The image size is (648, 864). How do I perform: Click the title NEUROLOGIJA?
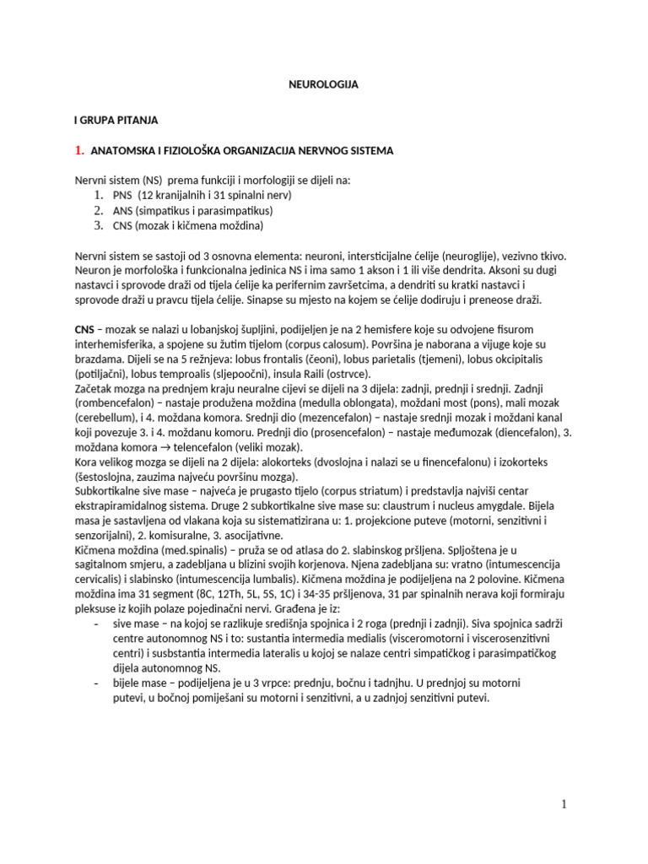[x=323, y=85]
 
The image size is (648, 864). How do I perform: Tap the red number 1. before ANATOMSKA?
[x=79, y=151]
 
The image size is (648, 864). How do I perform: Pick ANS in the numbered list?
[x=123, y=211]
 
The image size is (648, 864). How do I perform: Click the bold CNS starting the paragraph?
[x=85, y=328]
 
